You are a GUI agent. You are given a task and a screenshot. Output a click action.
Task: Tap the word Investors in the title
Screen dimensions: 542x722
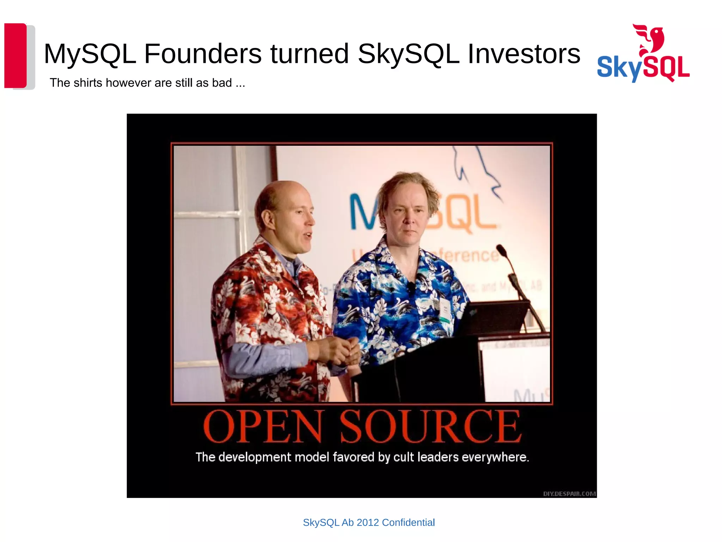524,54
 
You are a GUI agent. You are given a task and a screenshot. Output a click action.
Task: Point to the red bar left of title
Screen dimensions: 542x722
16,55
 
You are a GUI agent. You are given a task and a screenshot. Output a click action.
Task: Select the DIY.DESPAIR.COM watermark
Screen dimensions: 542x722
569,494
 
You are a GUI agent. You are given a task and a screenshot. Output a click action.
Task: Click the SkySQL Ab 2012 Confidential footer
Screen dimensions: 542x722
369,522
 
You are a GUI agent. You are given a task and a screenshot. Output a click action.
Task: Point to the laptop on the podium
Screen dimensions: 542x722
494,318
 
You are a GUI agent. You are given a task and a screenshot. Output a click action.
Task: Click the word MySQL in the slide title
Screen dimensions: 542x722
90,54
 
